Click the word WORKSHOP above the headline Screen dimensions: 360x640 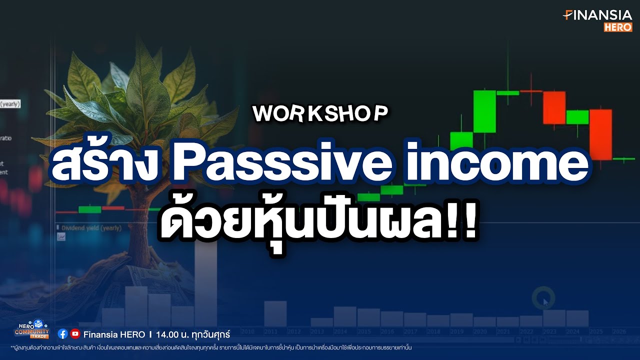tap(320, 114)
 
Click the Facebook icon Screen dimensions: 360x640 tap(63, 333)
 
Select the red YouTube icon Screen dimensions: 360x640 tap(75, 333)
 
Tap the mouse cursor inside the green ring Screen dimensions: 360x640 tap(545, 301)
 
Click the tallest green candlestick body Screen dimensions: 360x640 tap(484, 111)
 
